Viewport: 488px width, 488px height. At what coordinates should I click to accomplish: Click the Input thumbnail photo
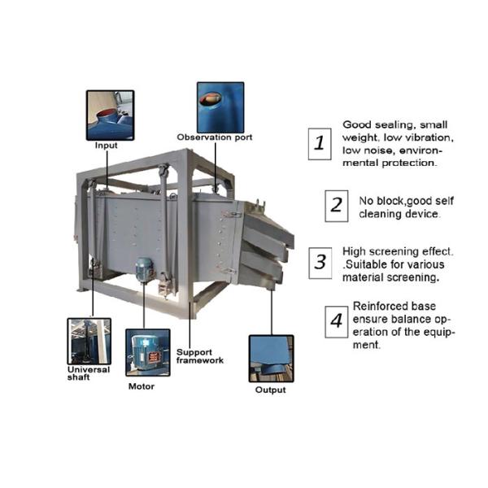tap(110, 115)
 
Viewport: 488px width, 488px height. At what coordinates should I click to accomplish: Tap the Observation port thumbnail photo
tap(220, 107)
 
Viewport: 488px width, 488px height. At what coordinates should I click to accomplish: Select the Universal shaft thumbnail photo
tap(89, 342)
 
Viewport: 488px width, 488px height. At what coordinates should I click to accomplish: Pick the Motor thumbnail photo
tap(148, 353)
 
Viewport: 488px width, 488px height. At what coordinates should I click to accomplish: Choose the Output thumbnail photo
tap(272, 359)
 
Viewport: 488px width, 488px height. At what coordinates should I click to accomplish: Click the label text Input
tap(106, 146)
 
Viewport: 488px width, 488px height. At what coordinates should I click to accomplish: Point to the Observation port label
tap(215, 137)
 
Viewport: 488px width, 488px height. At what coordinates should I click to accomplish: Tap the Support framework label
tap(200, 356)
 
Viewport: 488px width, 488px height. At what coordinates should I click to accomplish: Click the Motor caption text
tap(142, 386)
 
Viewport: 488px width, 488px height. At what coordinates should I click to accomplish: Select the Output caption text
tap(270, 390)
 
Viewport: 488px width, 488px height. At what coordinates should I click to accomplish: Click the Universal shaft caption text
tap(89, 373)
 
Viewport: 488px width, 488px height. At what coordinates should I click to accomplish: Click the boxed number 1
tap(320, 144)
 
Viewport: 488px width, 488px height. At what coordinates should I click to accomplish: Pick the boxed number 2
tap(337, 206)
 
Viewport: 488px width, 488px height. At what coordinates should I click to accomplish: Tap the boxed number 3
tap(320, 263)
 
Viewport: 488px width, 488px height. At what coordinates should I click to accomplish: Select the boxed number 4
tap(337, 322)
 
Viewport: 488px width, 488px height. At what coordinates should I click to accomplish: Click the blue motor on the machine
tap(145, 270)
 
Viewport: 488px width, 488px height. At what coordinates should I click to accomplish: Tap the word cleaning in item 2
tap(381, 214)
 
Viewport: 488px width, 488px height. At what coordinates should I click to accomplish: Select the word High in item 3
tap(354, 251)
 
